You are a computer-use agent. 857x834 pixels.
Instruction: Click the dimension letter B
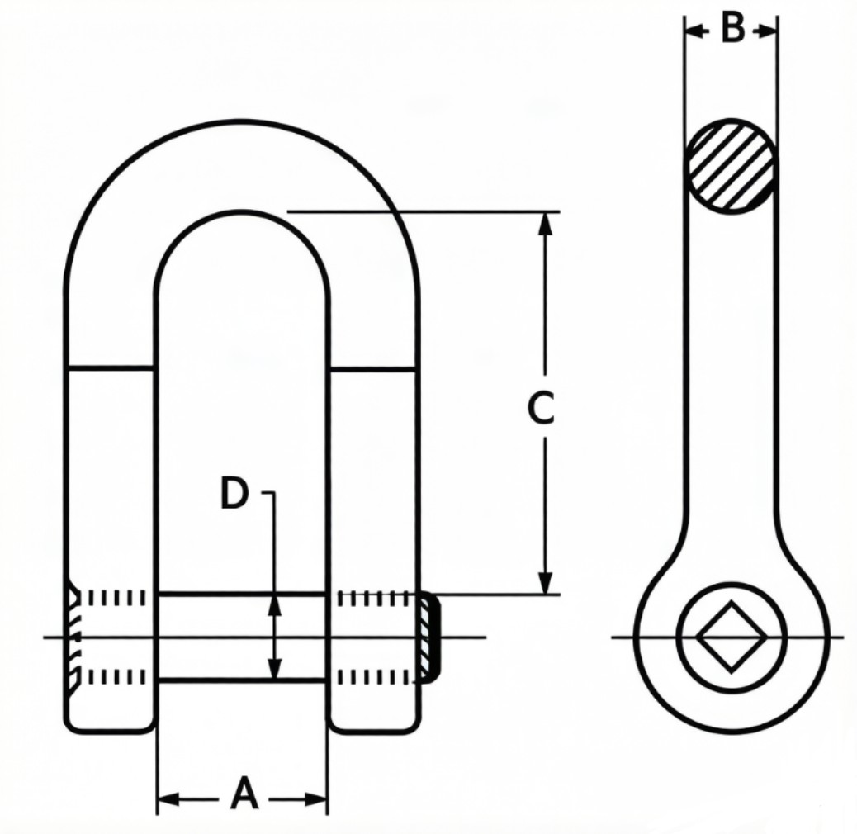point(731,29)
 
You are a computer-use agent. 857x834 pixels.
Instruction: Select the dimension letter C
point(542,409)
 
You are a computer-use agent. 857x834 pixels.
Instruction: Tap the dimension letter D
point(234,494)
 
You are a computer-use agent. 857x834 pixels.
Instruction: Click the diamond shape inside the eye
point(731,637)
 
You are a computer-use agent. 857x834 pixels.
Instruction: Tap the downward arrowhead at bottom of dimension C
point(544,583)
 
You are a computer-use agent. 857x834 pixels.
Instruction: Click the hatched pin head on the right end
point(429,637)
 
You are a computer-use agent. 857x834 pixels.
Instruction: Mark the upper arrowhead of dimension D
point(276,604)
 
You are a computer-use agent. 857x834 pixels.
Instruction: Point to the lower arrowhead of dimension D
point(276,669)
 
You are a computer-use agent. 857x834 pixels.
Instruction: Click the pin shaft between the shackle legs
point(242,637)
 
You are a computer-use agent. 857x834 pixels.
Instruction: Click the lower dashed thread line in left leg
point(116,678)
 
